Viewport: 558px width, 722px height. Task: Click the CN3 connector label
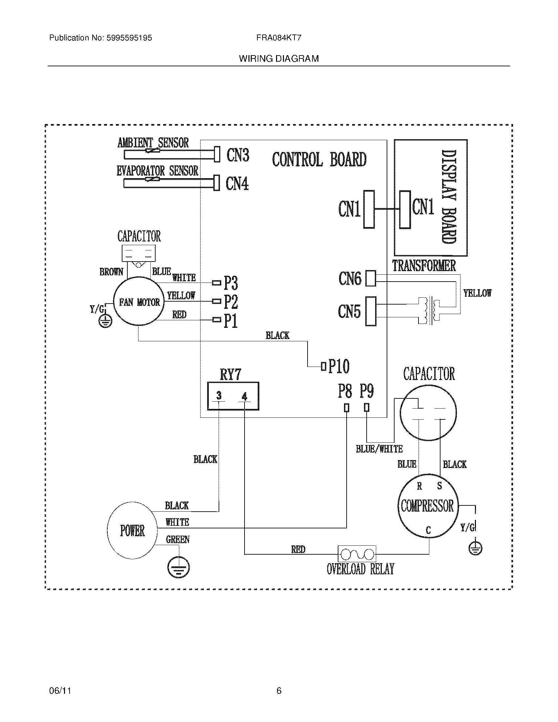[x=238, y=155]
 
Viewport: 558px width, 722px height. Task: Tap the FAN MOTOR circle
[x=139, y=302]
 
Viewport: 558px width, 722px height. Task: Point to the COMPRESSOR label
[x=427, y=506]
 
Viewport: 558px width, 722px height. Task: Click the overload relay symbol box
[x=357, y=554]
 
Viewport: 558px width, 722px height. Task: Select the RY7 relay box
[x=233, y=396]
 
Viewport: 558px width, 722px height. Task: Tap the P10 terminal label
[x=339, y=366]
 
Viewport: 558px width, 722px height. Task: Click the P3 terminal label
[x=231, y=283]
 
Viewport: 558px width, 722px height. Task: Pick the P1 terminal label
[x=231, y=321]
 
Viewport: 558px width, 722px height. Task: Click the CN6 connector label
[x=350, y=278]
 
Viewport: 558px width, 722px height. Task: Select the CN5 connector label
[x=349, y=311]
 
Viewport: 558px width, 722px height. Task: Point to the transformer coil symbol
[x=429, y=311]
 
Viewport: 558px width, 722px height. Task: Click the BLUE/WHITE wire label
[x=379, y=449]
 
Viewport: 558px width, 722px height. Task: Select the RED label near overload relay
[x=298, y=549]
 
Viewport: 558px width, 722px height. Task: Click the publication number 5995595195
[x=129, y=38]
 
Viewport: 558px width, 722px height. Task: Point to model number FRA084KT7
[x=279, y=38]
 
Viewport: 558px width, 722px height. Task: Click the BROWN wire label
[x=111, y=272]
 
